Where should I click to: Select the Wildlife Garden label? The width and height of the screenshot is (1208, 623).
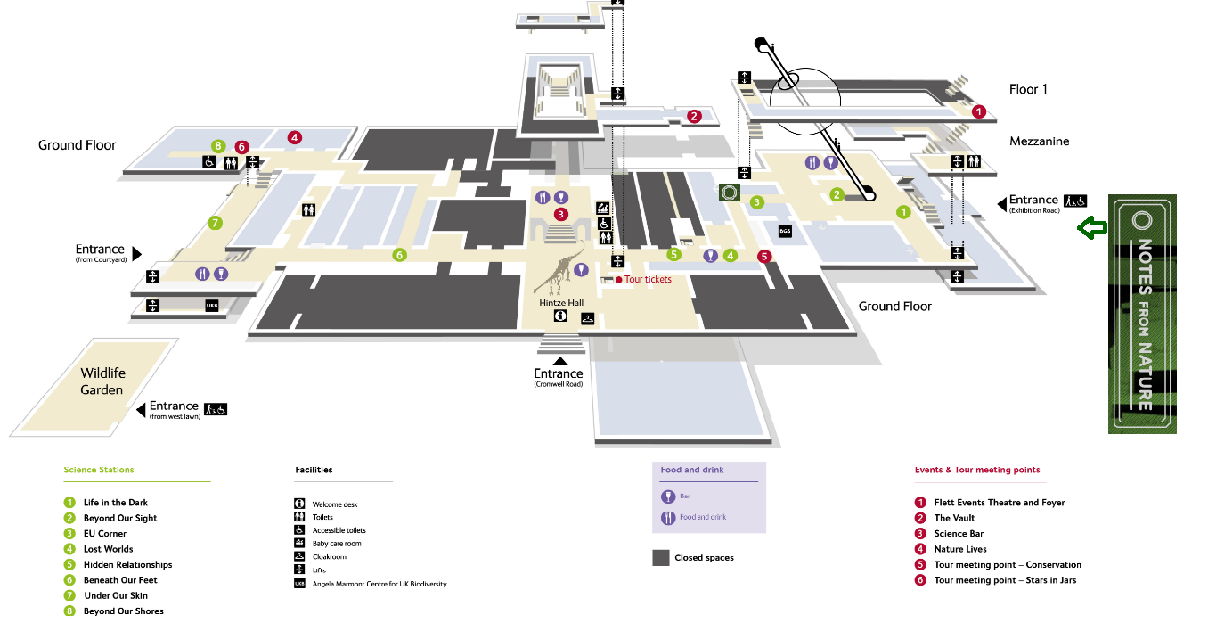[102, 381]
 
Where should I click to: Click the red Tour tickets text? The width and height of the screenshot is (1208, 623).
[648, 280]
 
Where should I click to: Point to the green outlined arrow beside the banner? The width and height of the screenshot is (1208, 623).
[1091, 228]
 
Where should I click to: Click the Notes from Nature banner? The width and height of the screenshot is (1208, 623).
[1142, 314]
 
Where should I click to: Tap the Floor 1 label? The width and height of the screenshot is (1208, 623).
[1028, 89]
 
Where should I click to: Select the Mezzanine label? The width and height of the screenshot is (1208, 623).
[1039, 142]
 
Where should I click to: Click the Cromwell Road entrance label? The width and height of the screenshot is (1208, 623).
[559, 377]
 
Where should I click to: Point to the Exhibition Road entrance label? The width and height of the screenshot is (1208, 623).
[1033, 204]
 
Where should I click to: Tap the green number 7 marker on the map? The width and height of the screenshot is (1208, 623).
[215, 223]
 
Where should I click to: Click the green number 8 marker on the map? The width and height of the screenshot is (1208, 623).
[218, 145]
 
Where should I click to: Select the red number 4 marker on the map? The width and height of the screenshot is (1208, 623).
[295, 137]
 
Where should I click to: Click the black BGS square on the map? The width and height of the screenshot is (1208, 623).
[785, 232]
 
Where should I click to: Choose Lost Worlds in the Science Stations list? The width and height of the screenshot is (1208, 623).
[108, 549]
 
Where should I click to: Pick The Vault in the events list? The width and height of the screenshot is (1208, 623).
[954, 518]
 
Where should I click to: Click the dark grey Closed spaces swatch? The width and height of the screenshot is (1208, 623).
[661, 558]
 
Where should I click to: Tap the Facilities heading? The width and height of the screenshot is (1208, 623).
[314, 470]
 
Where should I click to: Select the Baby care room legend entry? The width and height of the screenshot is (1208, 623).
[336, 544]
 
